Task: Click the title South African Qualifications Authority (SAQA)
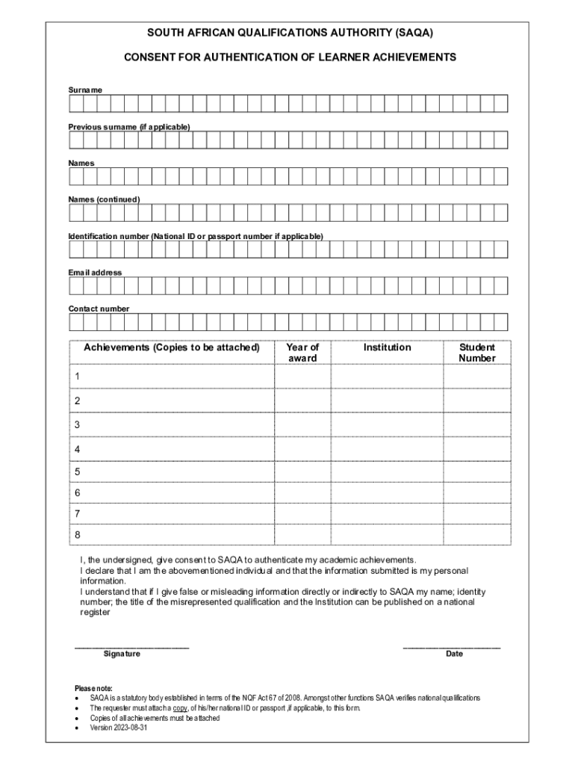pos(290,34)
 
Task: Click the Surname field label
pos(85,90)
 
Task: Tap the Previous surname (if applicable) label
pos(129,126)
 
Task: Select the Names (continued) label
pos(104,199)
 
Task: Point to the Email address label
pos(95,273)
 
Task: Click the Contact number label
pos(99,309)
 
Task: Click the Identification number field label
pos(196,236)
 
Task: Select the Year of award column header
pos(302,353)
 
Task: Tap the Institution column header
pos(387,347)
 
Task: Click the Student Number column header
pos(477,353)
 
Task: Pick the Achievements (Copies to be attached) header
pos(172,347)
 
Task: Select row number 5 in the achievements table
pos(77,472)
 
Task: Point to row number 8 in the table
pos(77,535)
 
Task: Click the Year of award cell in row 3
pos(302,425)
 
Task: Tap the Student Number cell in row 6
pos(477,493)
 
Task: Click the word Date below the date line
pos(454,654)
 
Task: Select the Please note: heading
pos(93,688)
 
